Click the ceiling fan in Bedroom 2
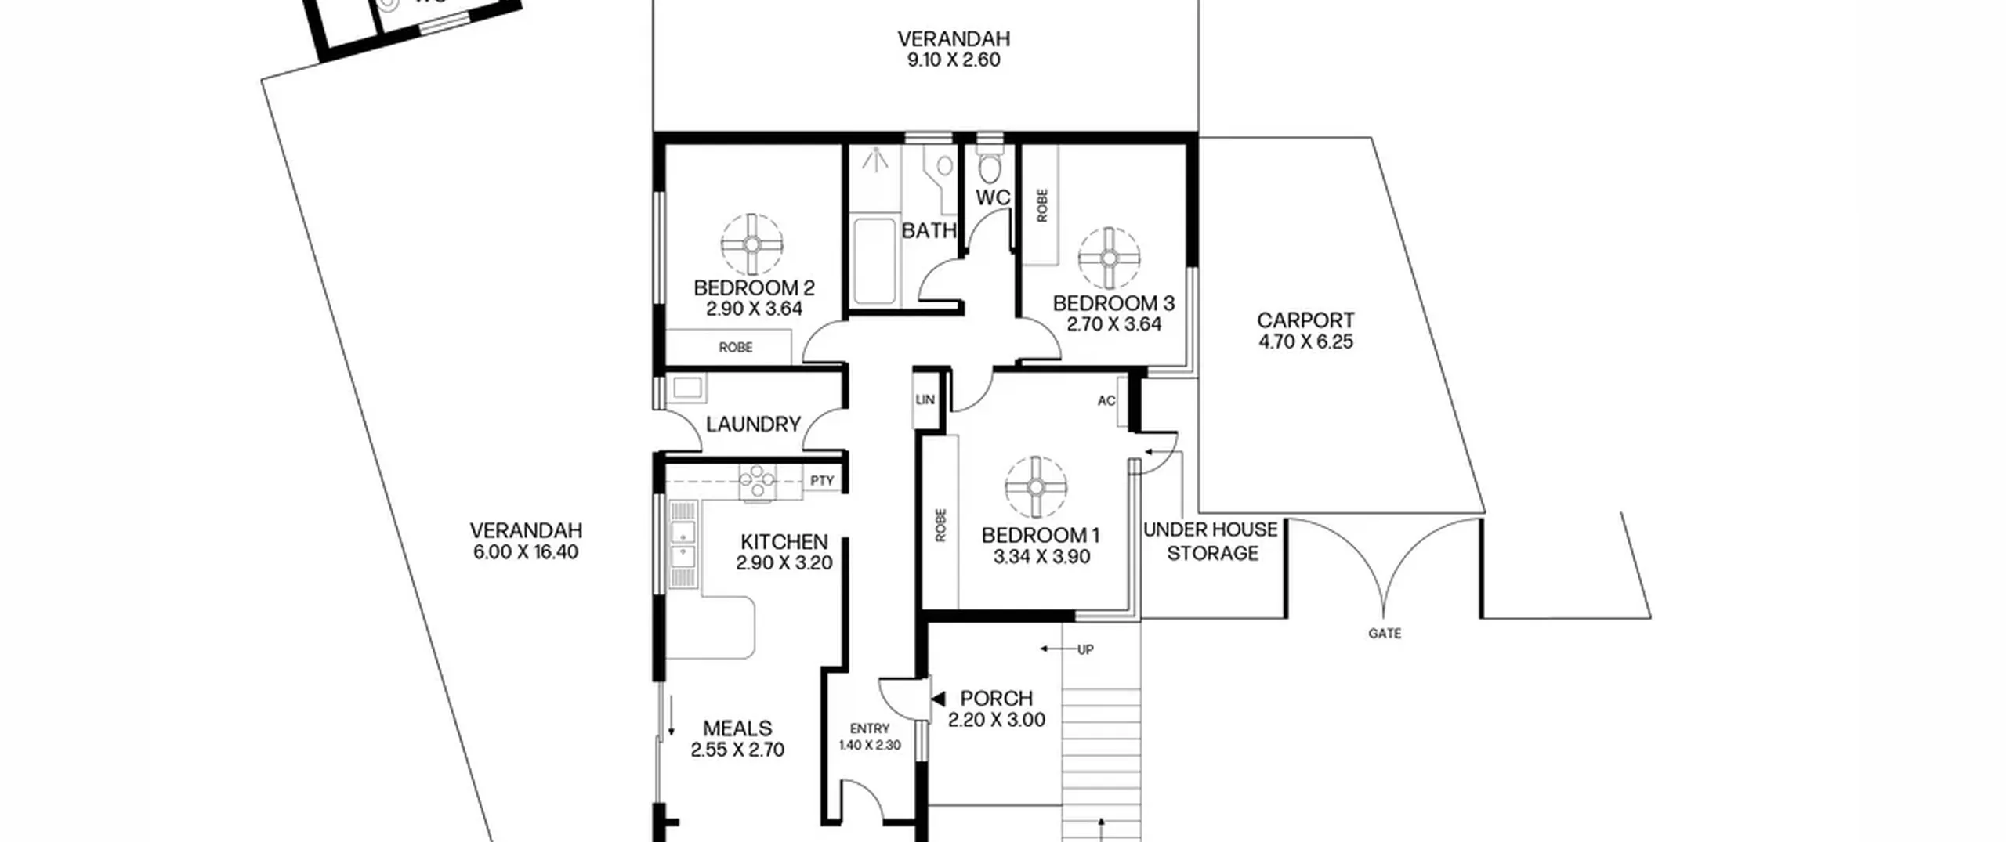752,244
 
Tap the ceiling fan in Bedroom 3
1109,258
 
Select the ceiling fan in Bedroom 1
1036,487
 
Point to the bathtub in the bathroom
874,262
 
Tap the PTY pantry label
822,481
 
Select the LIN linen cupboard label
925,399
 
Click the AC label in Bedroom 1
1106,401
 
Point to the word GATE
1385,633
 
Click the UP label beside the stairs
1085,649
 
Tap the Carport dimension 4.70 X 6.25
1305,341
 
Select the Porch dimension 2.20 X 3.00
996,720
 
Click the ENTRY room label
870,728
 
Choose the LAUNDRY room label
753,425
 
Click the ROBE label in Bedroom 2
735,347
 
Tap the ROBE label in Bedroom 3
1042,205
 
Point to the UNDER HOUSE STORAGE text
1211,541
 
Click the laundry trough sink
687,388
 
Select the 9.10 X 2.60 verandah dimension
954,60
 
